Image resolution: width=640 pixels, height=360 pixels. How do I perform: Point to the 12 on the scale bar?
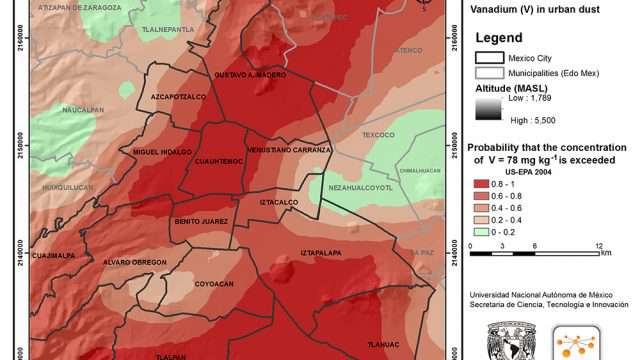(x=599, y=245)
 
